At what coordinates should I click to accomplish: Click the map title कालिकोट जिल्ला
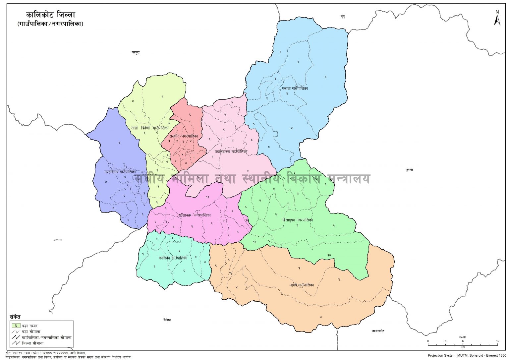(x=51, y=15)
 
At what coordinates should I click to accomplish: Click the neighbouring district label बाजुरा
(x=136, y=52)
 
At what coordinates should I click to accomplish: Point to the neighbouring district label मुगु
(x=343, y=16)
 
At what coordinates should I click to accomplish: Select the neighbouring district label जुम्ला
(x=409, y=170)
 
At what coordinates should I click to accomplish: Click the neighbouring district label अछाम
(x=58, y=240)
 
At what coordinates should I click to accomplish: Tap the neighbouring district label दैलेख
(x=167, y=320)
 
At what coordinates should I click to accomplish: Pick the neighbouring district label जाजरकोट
(x=378, y=331)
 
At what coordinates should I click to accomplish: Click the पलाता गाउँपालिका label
(x=295, y=89)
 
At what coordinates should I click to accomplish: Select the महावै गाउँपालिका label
(x=301, y=285)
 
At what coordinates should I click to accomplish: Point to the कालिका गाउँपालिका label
(x=173, y=258)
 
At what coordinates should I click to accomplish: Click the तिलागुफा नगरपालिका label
(x=298, y=220)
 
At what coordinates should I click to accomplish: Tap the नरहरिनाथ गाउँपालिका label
(x=120, y=172)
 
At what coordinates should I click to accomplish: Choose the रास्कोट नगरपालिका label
(x=184, y=136)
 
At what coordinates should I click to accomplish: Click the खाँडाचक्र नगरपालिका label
(x=195, y=215)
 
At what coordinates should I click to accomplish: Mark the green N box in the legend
(x=16, y=326)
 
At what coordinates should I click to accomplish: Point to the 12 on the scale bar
(x=497, y=341)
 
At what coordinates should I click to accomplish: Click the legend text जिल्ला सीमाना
(x=33, y=343)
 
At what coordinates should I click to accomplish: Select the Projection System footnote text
(x=467, y=355)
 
